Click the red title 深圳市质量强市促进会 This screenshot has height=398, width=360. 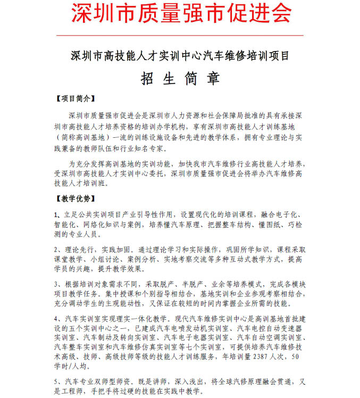pyautogui.click(x=181, y=14)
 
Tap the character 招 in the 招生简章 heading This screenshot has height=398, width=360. pyautogui.click(x=147, y=79)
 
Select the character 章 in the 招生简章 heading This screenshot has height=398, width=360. pyautogui.click(x=213, y=79)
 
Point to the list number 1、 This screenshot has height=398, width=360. pyautogui.click(x=58, y=214)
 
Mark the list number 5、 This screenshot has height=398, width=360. pyautogui.click(x=58, y=381)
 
